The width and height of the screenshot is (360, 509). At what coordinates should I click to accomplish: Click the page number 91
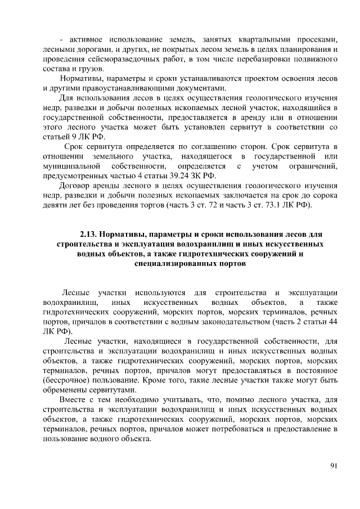tap(332, 465)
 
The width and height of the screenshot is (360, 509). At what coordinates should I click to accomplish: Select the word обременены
tap(66, 390)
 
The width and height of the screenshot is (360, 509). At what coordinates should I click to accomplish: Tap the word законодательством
tap(227, 322)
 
